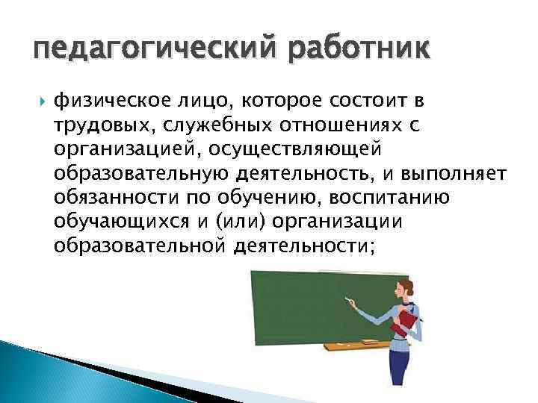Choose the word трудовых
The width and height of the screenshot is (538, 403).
coord(102,126)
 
